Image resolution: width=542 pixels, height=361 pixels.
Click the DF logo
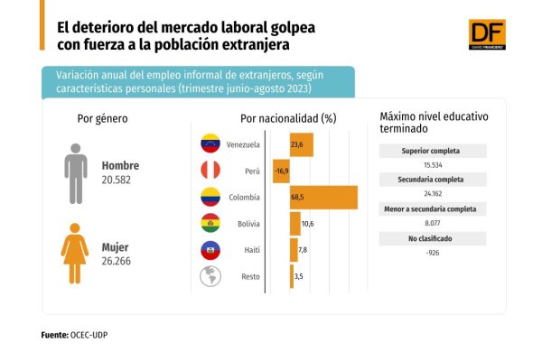coord(487,34)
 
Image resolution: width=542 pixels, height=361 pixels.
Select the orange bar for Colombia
coord(323,198)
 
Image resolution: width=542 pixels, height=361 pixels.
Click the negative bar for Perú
coord(281,171)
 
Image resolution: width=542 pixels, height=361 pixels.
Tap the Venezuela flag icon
coord(210,143)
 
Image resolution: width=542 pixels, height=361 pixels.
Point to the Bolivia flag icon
coord(210,223)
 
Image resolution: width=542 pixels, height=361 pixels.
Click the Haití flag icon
coord(210,250)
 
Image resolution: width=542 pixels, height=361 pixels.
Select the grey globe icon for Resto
coord(210,276)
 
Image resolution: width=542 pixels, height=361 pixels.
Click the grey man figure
coord(76,174)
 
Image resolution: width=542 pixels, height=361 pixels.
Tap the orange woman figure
coord(75,254)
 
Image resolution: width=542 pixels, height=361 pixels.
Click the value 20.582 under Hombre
coord(117,180)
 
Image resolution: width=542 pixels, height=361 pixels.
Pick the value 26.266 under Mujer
coord(117,261)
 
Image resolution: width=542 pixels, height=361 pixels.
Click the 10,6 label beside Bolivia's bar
coord(308,224)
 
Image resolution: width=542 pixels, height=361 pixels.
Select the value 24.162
coord(433,194)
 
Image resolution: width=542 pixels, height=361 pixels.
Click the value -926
coord(433,253)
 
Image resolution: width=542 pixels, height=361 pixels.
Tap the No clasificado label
coord(430,238)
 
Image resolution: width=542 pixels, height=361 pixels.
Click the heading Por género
coord(103,119)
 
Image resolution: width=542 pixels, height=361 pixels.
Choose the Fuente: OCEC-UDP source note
coord(74,335)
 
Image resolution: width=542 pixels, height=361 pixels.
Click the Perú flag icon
coord(210,170)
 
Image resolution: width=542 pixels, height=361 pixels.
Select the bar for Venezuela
coord(302,144)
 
